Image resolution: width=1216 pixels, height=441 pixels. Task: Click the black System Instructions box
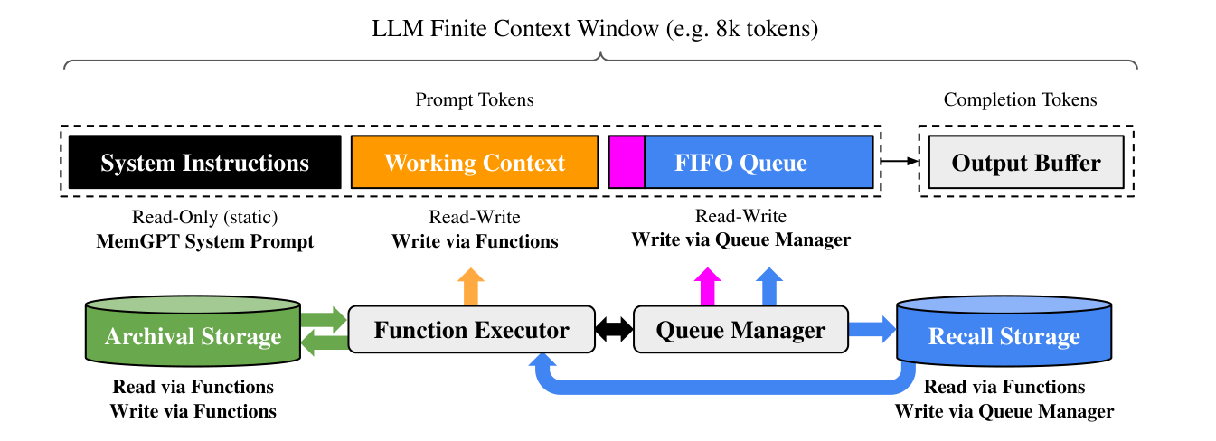click(x=204, y=162)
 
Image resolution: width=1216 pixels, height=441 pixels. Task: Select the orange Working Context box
click(x=475, y=162)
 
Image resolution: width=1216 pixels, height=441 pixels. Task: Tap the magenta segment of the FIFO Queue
click(x=627, y=162)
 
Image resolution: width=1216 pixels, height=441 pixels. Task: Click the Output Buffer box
click(x=1026, y=162)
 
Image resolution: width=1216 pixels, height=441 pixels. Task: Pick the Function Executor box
click(x=471, y=329)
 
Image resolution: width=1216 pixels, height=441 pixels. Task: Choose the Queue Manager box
click(x=740, y=329)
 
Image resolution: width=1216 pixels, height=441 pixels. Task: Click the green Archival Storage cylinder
click(x=193, y=331)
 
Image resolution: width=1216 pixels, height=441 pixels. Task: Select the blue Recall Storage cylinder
click(x=1004, y=331)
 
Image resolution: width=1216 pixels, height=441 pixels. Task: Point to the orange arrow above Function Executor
click(x=471, y=286)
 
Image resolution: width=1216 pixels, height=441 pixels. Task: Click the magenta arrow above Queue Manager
click(x=707, y=286)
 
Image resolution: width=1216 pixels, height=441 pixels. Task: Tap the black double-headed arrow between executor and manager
click(x=614, y=329)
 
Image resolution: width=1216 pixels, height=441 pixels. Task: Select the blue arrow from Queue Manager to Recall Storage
click(x=872, y=329)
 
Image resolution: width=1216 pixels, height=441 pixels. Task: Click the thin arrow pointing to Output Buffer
click(x=900, y=161)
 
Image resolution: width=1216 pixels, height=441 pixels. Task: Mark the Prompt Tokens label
click(x=475, y=99)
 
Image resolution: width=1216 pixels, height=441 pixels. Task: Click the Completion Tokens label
click(x=1020, y=99)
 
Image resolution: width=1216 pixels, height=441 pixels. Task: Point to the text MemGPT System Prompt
click(x=204, y=241)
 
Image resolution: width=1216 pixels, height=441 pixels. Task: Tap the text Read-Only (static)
click(x=204, y=217)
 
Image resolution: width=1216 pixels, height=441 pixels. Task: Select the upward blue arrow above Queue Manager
click(x=769, y=286)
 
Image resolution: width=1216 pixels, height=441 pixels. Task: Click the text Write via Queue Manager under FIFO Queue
click(x=741, y=239)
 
